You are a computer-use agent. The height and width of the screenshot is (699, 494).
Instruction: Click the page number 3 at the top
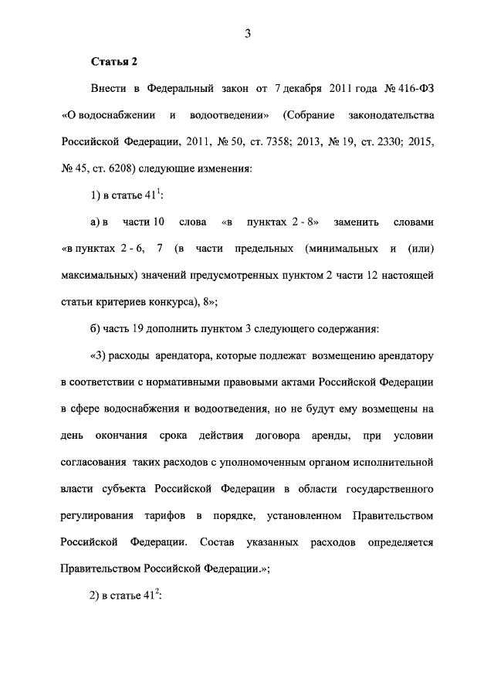247,32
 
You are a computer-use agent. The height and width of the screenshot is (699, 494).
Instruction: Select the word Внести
108,88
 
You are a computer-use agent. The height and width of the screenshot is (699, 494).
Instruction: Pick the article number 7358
288,142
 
